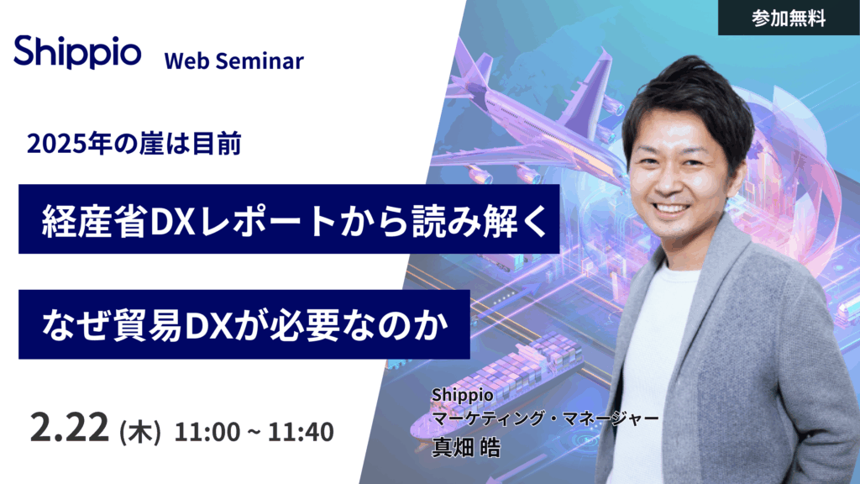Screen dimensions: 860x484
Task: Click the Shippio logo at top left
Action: click(77, 52)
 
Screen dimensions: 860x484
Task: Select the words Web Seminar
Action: click(233, 60)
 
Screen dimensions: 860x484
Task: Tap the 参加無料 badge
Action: click(789, 18)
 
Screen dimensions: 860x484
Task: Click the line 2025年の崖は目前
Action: click(134, 145)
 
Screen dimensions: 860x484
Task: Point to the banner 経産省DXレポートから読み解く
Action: click(289, 219)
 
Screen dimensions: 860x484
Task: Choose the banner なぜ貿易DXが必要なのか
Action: click(244, 324)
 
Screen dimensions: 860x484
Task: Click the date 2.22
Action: click(69, 428)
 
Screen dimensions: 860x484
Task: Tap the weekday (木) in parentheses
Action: click(140, 432)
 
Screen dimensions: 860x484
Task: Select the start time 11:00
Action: click(207, 432)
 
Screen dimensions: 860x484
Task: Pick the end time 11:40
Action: click(301, 432)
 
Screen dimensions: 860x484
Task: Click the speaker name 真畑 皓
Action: click(466, 447)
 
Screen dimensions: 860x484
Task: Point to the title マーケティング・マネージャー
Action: click(545, 418)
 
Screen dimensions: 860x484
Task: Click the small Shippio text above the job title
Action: click(463, 395)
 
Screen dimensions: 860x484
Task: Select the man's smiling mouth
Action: click(671, 208)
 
